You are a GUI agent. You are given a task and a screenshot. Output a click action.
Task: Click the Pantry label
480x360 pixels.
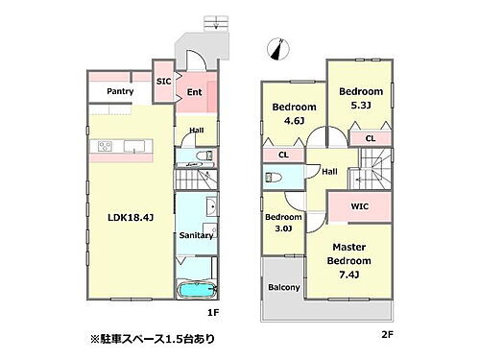click(120, 91)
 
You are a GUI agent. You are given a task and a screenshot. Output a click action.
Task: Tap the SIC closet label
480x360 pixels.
click(163, 83)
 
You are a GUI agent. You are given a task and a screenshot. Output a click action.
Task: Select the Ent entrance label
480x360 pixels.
click(194, 92)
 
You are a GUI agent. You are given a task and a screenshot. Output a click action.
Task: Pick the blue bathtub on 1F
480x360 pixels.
click(198, 290)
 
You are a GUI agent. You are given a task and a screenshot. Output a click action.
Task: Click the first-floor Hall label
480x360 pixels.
click(196, 130)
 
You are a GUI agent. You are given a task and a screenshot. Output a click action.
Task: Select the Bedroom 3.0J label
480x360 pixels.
click(280, 223)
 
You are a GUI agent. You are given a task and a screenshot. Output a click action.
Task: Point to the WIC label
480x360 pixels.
click(360, 204)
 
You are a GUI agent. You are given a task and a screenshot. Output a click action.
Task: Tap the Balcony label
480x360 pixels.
click(282, 287)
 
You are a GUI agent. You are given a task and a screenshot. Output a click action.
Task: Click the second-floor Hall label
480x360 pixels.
click(329, 172)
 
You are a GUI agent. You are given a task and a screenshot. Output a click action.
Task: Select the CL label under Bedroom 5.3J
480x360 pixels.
click(370, 139)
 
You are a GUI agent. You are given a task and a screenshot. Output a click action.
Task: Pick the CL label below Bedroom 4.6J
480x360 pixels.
click(283, 154)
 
